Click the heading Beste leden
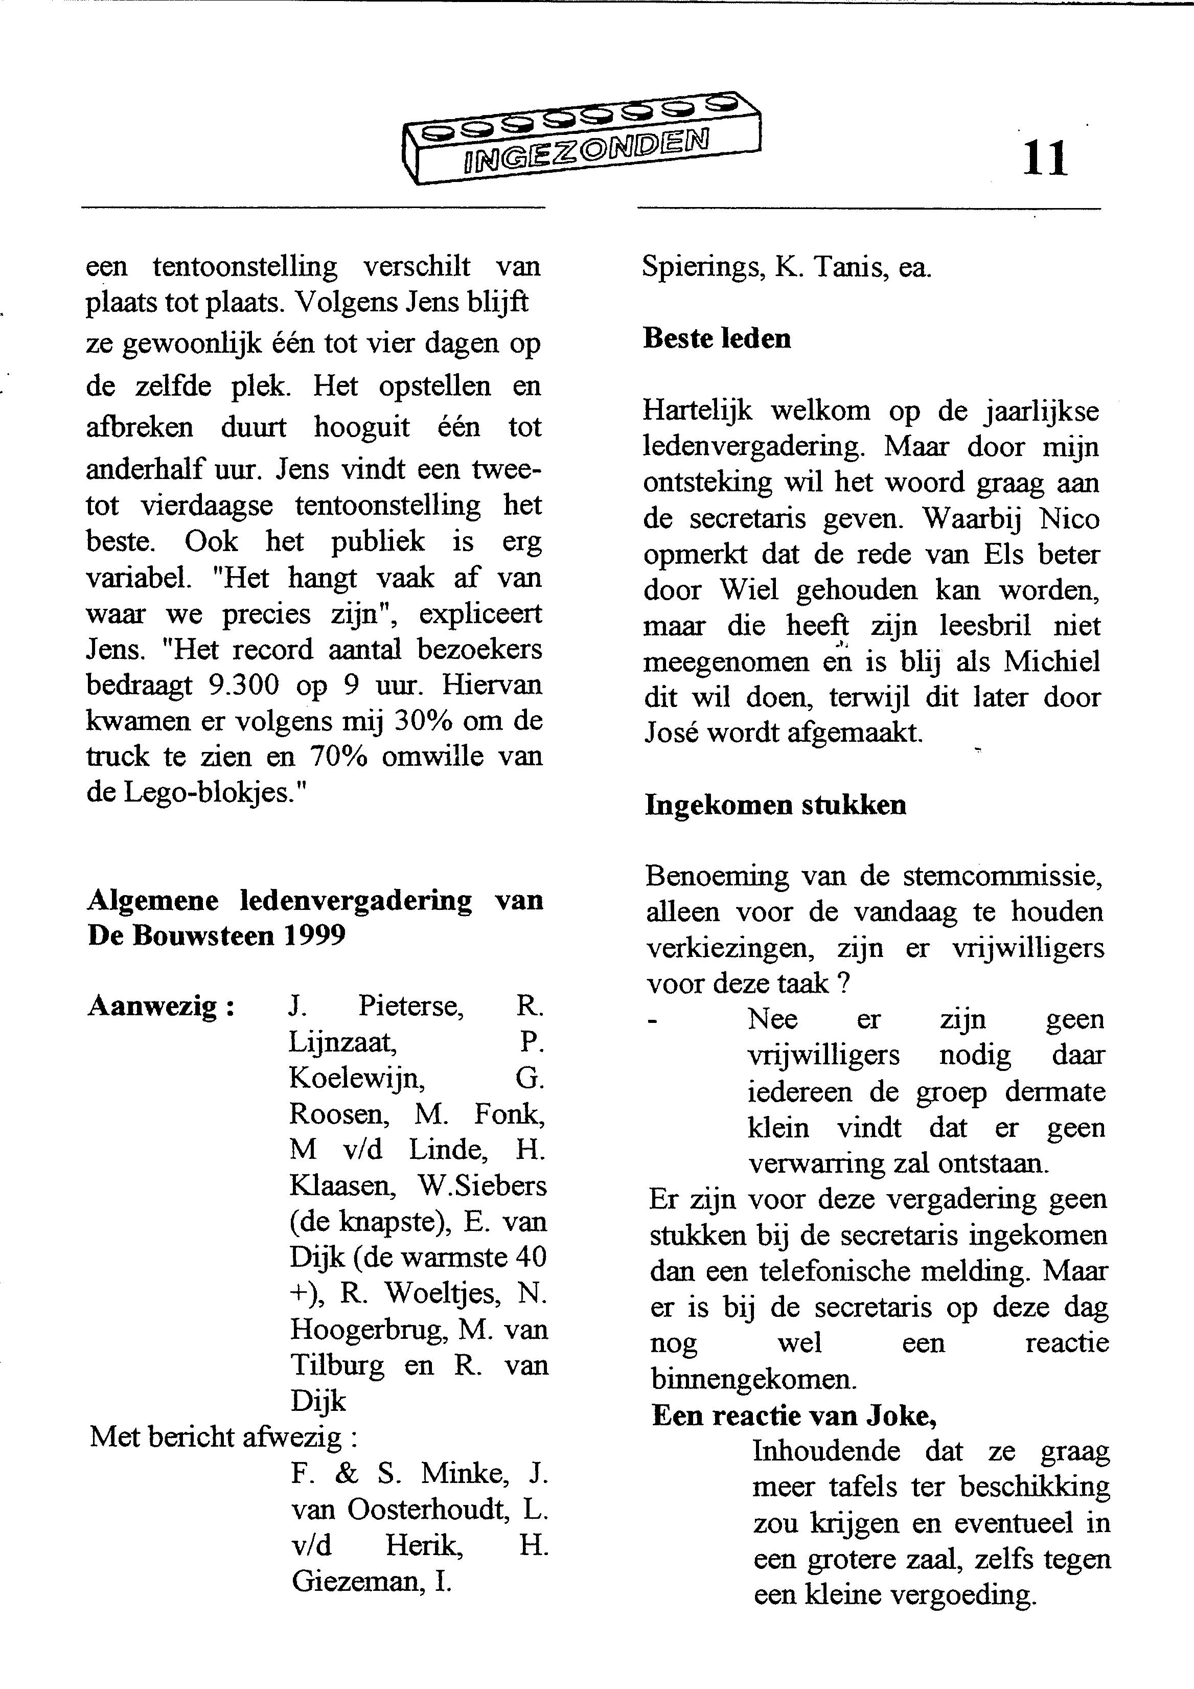pyautogui.click(x=717, y=338)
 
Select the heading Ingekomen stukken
pyautogui.click(x=775, y=805)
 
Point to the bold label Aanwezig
pyautogui.click(x=160, y=1006)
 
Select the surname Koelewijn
pyautogui.click(x=357, y=1078)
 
